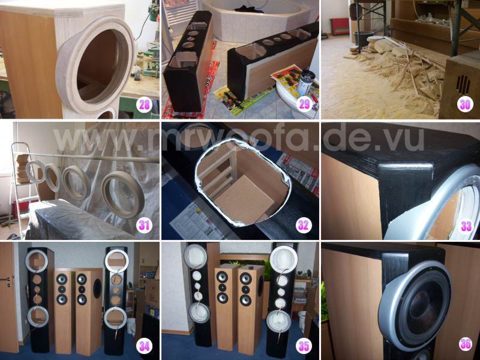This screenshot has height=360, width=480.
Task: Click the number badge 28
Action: pos(144,104)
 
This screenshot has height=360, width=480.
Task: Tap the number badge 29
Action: pos(304,104)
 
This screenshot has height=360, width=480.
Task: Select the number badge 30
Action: pos(464,104)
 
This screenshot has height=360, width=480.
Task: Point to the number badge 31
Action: pos(144,226)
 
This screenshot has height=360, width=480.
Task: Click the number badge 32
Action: pos(304,226)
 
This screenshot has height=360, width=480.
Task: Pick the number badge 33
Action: pos(466,226)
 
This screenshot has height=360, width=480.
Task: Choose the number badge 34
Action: pos(144,346)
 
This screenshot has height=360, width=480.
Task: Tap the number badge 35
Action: pos(304,346)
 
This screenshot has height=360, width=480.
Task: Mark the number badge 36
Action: pos(466,344)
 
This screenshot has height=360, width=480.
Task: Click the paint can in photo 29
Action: pos(306,84)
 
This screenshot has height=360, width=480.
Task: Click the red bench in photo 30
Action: pos(339,26)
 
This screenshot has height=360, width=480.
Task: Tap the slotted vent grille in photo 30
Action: pos(463,84)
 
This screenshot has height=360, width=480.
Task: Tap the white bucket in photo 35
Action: pos(302,322)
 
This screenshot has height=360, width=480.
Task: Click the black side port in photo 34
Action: pos(97,288)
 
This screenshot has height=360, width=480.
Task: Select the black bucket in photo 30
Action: pos(364,38)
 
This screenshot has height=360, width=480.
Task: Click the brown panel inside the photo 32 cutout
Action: pos(245,200)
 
